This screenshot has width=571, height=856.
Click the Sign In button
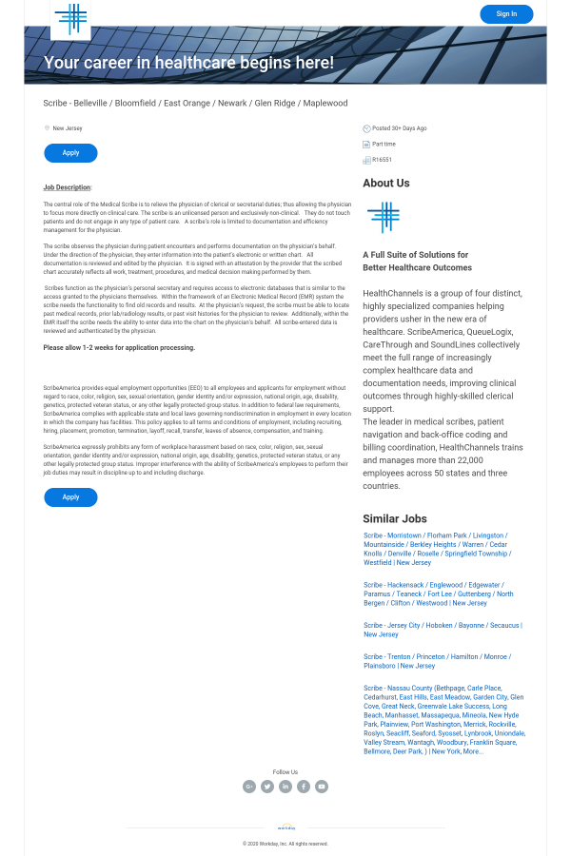pos(506,14)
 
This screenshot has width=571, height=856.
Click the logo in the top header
pos(70,19)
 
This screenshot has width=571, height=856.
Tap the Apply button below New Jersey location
pos(70,153)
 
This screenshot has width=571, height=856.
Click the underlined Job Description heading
pos(68,187)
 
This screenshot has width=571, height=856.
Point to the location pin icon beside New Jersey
pos(47,128)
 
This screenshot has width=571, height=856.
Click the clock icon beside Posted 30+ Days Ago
pos(366,128)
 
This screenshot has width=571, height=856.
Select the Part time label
pos(384,144)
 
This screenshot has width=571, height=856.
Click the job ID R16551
pos(382,160)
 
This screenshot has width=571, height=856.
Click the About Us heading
pos(386,183)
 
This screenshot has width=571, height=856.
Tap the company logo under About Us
pos(384,217)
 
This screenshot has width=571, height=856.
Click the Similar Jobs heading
pos(395,518)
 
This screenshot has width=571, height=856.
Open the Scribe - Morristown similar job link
pos(437,549)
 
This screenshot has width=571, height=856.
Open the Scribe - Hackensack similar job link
pos(438,593)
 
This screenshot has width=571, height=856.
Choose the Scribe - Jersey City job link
pos(442,630)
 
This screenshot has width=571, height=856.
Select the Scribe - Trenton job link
pos(436,661)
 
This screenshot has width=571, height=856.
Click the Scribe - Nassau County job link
pos(443,719)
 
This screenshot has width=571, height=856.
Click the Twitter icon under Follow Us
pos(267,787)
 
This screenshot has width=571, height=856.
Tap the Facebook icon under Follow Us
pos(304,787)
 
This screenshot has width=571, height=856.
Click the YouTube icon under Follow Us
pos(322,787)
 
